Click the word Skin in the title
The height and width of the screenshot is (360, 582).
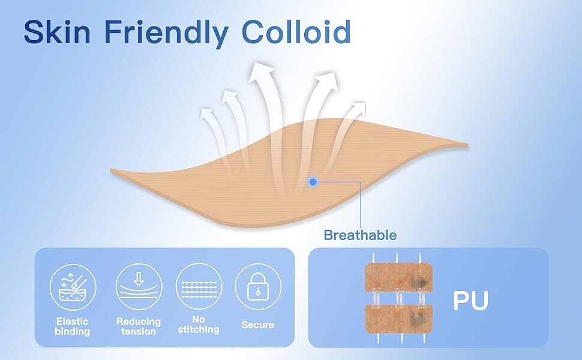57,32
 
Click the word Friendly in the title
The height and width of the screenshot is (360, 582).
166,34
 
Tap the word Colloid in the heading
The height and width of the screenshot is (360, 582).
296,32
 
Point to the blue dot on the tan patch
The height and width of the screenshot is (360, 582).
313,182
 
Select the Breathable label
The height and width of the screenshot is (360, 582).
360,235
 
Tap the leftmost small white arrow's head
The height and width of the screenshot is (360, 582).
207,113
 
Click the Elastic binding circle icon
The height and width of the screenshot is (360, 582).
73,287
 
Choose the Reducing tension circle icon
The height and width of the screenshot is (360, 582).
139,287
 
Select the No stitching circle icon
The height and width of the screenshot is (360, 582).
199,287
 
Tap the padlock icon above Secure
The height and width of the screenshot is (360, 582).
258,287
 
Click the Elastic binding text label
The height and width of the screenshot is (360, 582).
73,326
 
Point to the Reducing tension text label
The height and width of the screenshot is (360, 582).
139,326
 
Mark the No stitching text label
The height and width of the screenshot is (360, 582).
199,325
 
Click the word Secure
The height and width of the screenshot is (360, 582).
258,325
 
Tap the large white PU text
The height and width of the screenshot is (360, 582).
470,301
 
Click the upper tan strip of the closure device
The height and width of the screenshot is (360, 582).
399,277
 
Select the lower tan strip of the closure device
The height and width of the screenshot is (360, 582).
399,319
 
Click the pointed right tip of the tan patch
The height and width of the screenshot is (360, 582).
467,145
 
